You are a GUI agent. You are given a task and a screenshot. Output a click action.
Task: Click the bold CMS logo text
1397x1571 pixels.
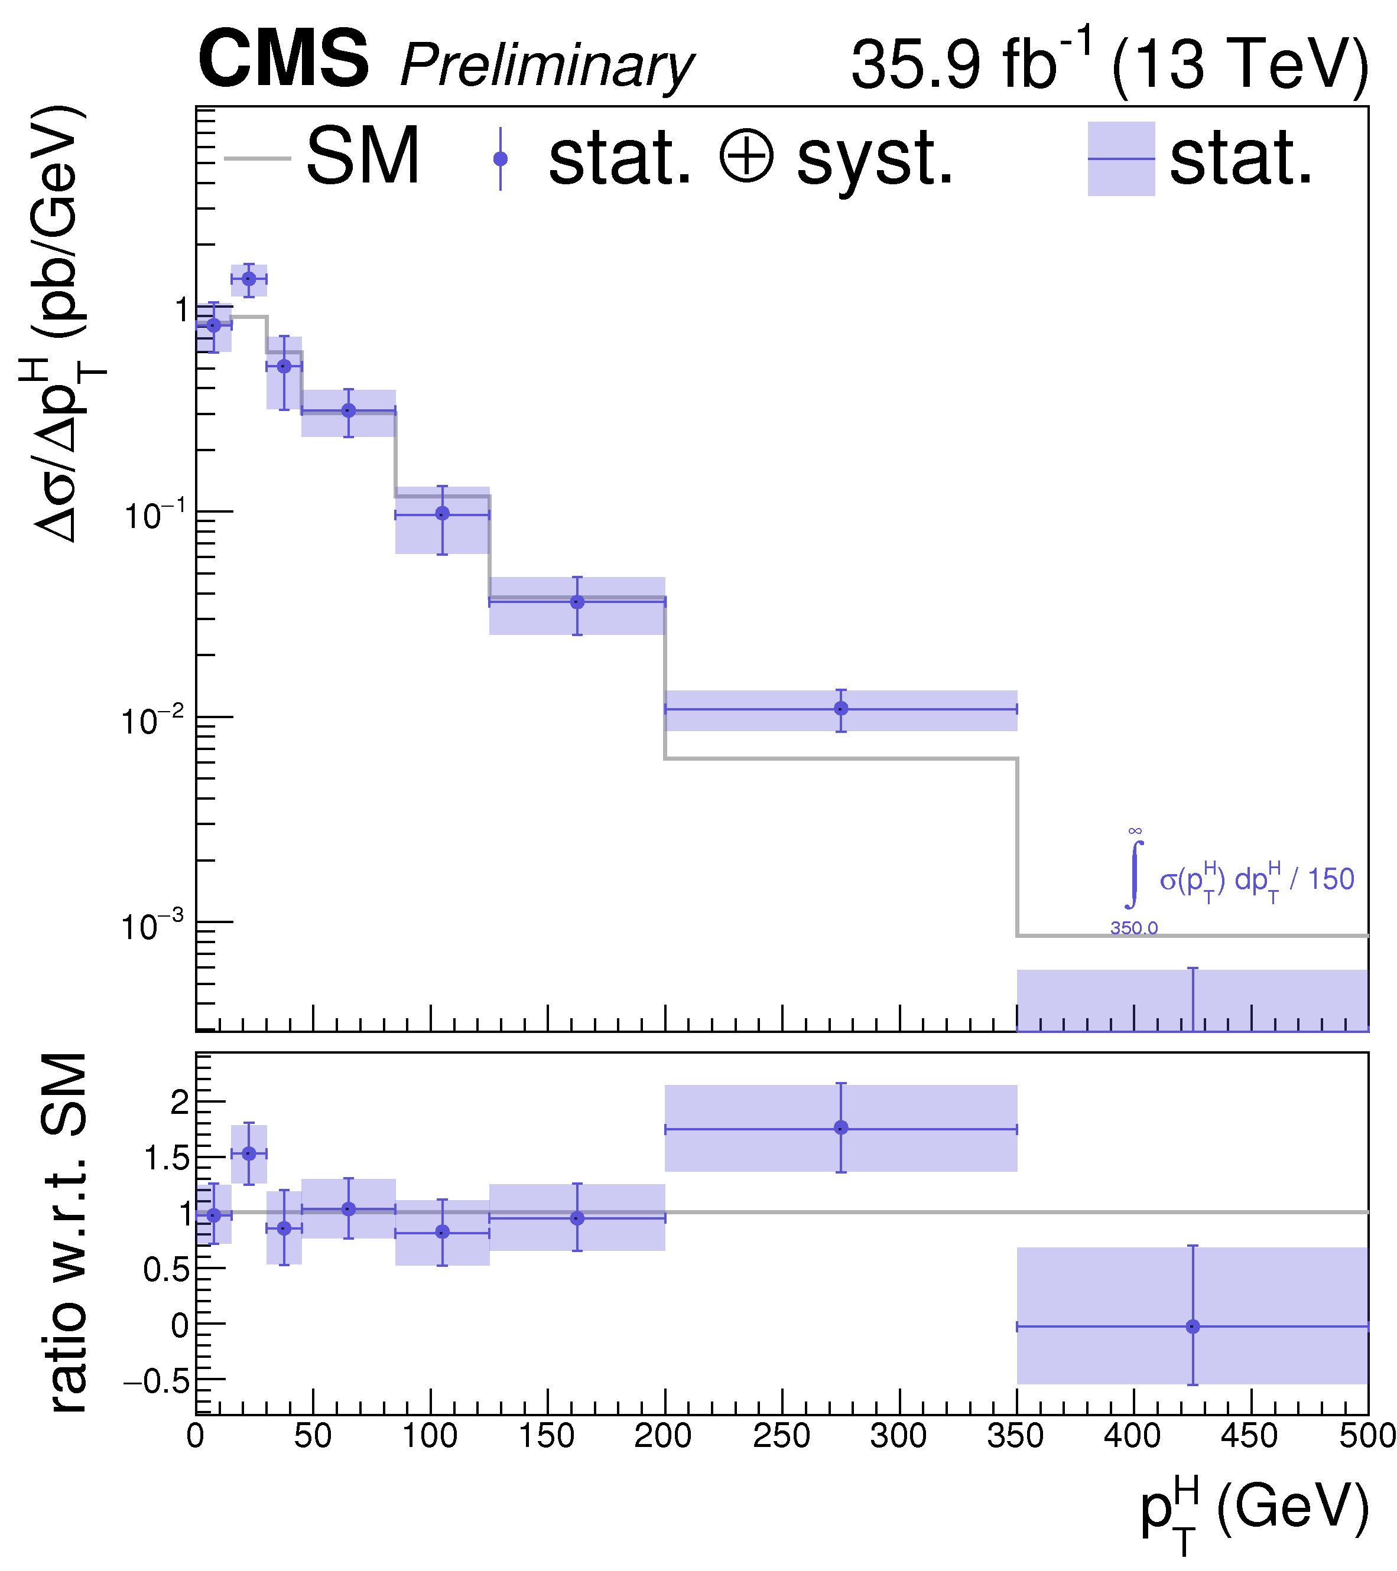pyautogui.click(x=283, y=60)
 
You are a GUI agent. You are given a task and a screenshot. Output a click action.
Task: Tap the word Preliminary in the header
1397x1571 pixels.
pyautogui.click(x=547, y=66)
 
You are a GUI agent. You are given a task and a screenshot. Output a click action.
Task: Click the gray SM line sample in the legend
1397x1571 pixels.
pyautogui.click(x=257, y=159)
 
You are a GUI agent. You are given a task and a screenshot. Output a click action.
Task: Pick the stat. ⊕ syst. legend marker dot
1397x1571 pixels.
pyautogui.click(x=501, y=159)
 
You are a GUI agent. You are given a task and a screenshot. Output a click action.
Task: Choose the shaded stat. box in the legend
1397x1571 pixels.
pyautogui.click(x=1120, y=159)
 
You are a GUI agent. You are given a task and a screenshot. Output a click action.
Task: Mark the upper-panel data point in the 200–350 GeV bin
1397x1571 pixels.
pyautogui.click(x=840, y=708)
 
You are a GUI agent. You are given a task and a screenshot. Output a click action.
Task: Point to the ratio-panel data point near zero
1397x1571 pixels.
pyautogui.click(x=1193, y=1326)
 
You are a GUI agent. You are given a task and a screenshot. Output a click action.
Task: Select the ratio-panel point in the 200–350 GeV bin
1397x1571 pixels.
pyautogui.click(x=840, y=1127)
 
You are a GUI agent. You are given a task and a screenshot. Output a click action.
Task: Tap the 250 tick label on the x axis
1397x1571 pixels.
pyautogui.click(x=781, y=1436)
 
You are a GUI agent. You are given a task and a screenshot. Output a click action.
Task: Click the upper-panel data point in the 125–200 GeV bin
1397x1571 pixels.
pyautogui.click(x=577, y=602)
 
